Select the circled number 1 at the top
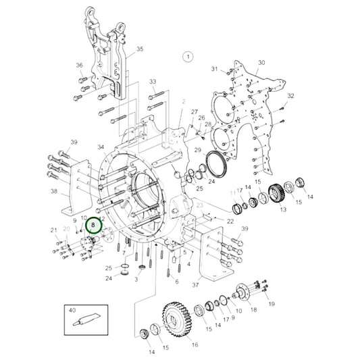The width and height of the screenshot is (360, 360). click(x=188, y=57)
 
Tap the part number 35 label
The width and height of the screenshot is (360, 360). click(x=140, y=49)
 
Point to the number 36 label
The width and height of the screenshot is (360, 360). click(x=79, y=66)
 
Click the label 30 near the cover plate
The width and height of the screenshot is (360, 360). click(x=262, y=63)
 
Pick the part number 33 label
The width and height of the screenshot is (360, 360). click(x=153, y=82)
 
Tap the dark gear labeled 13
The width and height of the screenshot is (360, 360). click(x=276, y=195)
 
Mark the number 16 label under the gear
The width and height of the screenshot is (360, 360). click(x=195, y=345)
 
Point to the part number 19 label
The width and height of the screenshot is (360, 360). click(x=272, y=305)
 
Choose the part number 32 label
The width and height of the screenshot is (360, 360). click(x=291, y=96)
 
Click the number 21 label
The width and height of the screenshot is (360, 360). click(x=53, y=231)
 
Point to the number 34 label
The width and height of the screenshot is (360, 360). click(x=101, y=147)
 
